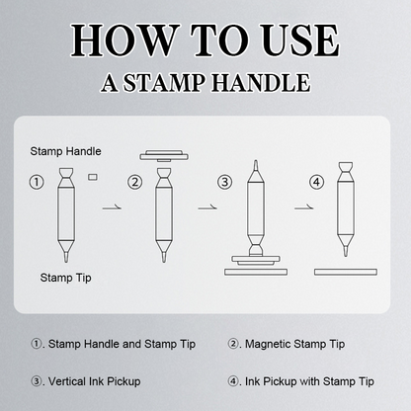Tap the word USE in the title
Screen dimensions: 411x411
299,41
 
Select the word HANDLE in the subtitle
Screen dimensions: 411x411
261,82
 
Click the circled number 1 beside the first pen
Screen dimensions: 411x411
37,182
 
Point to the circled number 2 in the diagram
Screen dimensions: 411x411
135,182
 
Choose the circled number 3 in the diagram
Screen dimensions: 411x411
225,182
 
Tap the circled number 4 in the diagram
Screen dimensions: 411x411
317,182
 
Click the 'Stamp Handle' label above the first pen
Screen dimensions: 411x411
65,151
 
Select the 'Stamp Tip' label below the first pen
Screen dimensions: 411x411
65,278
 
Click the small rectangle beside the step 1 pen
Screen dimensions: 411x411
93,177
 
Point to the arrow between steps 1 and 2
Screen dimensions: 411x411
112,207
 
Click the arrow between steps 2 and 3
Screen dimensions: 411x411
207,207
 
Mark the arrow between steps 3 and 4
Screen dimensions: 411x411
304,207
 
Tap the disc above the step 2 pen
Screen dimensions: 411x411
164,156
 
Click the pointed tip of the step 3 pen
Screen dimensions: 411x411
256,161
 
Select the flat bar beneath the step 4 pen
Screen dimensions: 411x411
346,272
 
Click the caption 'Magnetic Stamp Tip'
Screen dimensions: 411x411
294,344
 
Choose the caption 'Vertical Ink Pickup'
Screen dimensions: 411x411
94,381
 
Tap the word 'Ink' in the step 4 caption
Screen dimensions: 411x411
252,381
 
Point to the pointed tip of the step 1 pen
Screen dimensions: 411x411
66,261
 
